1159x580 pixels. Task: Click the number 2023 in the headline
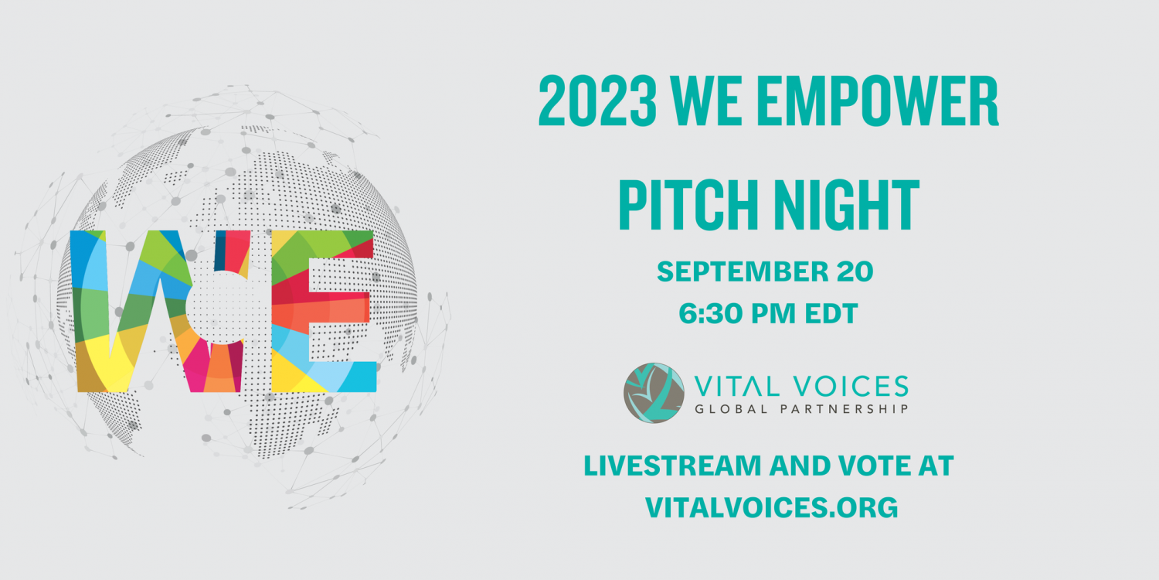coord(597,101)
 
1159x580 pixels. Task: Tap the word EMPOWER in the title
coord(881,101)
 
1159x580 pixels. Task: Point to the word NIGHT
coord(850,205)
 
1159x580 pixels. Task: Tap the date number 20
coord(855,271)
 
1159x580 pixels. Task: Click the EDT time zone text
coord(831,313)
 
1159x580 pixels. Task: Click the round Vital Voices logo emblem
coord(654,393)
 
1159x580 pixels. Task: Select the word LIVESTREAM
coord(672,466)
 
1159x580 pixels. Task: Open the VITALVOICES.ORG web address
coord(771,507)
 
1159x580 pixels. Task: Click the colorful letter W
coord(161,311)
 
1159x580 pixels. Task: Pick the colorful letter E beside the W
coord(324,311)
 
